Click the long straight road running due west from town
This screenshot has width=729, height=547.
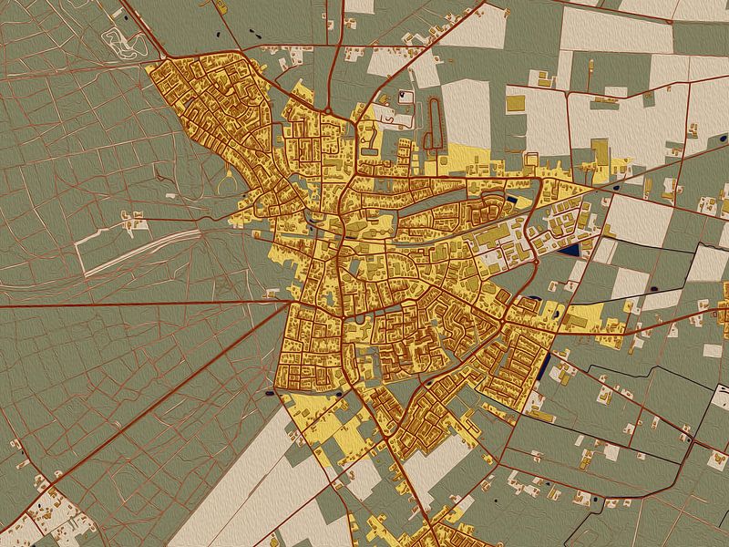tap(137, 304)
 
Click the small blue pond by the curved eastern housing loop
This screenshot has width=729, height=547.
tap(510, 201)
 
